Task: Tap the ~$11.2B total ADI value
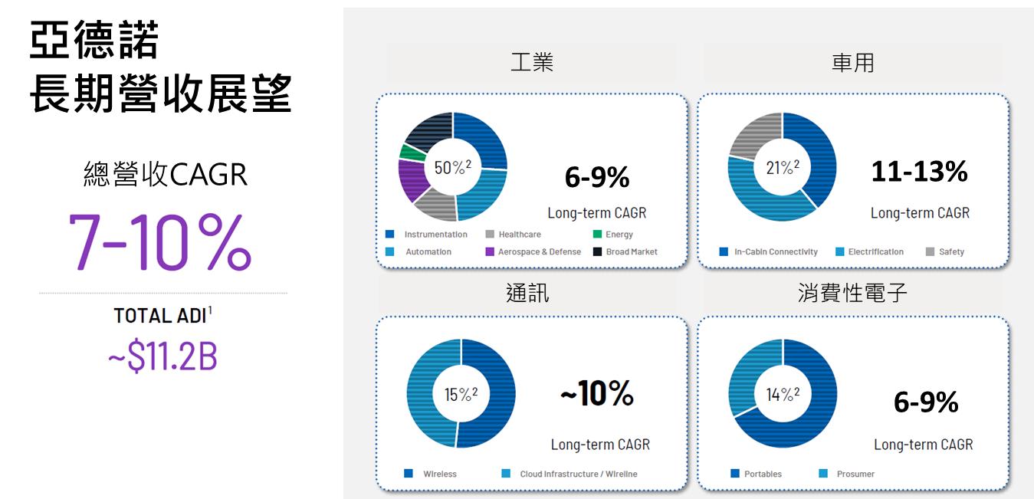click(x=162, y=356)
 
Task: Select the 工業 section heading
click(x=532, y=62)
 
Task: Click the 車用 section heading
click(x=853, y=62)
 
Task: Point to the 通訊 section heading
click(x=527, y=293)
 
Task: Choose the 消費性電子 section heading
click(x=852, y=293)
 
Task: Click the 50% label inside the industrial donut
click(x=453, y=167)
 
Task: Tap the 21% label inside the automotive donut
click(x=783, y=167)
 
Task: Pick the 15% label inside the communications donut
click(x=461, y=394)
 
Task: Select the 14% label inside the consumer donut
click(x=783, y=394)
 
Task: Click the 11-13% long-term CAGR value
click(x=920, y=171)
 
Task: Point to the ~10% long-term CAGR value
click(x=597, y=393)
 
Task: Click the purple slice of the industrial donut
click(x=412, y=179)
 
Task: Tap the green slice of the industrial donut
click(x=412, y=153)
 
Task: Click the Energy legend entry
click(x=613, y=234)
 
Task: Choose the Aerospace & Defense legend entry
click(x=533, y=251)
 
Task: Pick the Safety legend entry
click(x=945, y=251)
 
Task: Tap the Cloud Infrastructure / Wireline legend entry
click(x=570, y=474)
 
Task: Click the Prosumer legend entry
click(x=846, y=474)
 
